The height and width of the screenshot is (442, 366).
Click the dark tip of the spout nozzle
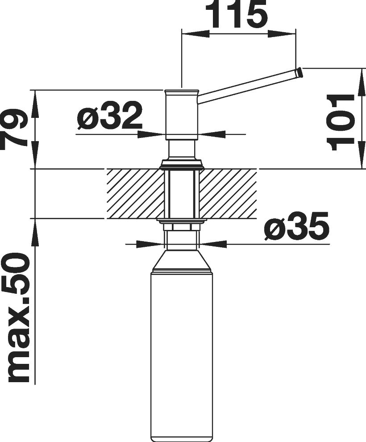click(300, 72)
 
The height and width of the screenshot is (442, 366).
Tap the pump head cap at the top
click(182, 92)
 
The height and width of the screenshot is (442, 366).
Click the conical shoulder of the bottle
click(182, 259)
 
